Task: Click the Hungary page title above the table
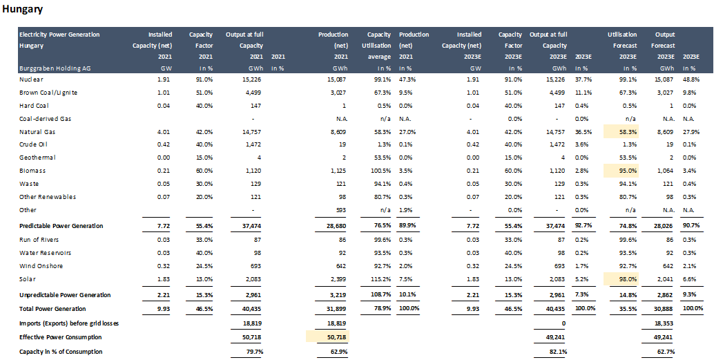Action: tap(23, 10)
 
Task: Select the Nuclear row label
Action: tap(31, 79)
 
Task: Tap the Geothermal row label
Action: tap(37, 158)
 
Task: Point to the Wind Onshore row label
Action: tap(41, 265)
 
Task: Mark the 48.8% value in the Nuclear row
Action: tap(693, 79)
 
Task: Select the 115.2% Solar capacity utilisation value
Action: tap(379, 278)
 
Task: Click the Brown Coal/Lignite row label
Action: tap(48, 93)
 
